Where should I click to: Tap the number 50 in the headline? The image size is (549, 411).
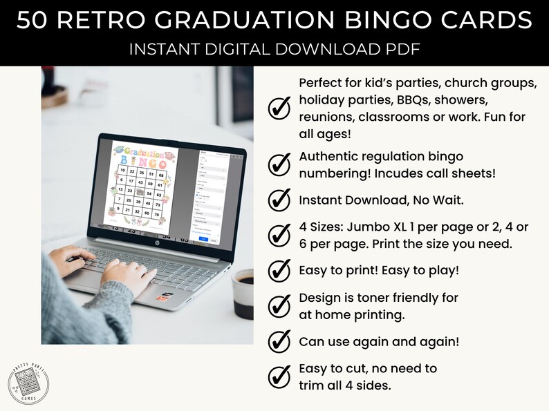[34, 21]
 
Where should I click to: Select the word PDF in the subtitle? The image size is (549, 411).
[403, 50]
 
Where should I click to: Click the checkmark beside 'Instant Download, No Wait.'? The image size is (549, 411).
[279, 200]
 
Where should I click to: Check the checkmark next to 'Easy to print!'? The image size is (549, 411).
[279, 270]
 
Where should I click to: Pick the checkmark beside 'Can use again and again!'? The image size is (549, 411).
[279, 341]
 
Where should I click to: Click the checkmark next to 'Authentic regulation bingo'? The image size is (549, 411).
[279, 165]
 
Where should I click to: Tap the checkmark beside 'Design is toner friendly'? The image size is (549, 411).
[279, 305]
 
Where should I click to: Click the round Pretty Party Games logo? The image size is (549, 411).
[28, 383]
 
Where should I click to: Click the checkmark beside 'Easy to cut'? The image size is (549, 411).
[279, 376]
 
